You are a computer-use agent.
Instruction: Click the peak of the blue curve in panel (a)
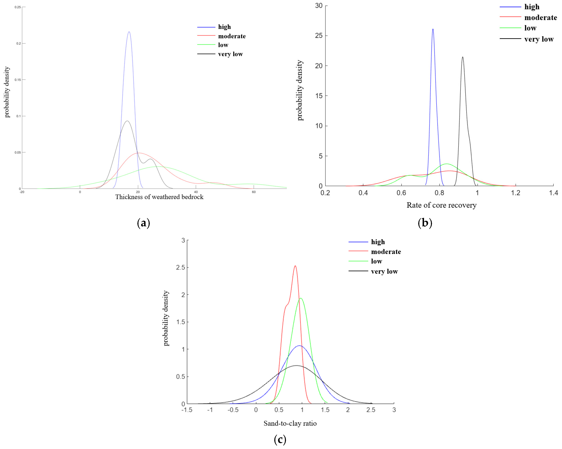[x=129, y=32]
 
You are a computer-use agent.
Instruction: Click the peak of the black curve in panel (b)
[x=463, y=57]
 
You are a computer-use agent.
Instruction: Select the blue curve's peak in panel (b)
[x=433, y=29]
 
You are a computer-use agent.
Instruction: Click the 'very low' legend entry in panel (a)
[x=230, y=54]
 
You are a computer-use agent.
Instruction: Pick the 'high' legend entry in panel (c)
[x=378, y=242]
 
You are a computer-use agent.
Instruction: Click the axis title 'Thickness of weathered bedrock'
[x=159, y=197]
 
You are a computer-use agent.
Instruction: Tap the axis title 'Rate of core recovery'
[x=441, y=205]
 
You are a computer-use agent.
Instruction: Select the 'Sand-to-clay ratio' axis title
[x=290, y=424]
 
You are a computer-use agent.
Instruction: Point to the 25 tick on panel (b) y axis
[x=319, y=36]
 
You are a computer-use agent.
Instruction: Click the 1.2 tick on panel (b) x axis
[x=515, y=193]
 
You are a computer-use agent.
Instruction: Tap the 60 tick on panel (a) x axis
[x=254, y=192]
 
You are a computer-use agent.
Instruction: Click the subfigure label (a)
[x=143, y=223]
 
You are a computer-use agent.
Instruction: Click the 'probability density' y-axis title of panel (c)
[x=166, y=318]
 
